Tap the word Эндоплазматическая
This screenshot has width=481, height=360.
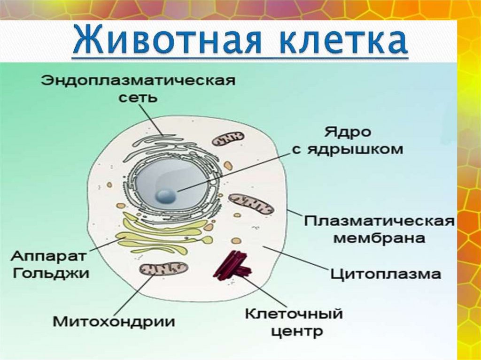138,80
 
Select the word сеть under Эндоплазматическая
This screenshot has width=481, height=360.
138,98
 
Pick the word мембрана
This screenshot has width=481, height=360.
379,238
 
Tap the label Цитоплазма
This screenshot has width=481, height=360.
386,273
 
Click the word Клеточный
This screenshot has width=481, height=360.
294,313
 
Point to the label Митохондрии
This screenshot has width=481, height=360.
114,322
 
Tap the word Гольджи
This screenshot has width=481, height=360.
51,273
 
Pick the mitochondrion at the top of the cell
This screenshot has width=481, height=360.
228,139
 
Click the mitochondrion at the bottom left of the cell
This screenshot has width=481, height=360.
164,269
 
